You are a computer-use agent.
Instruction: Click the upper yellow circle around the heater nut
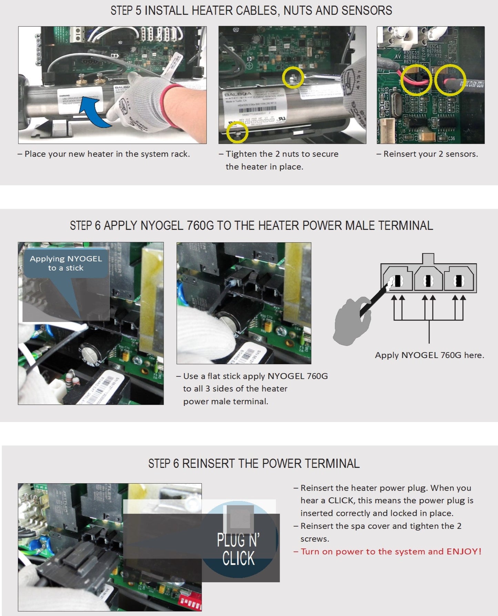(x=293, y=77)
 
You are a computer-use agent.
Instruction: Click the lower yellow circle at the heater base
(x=237, y=132)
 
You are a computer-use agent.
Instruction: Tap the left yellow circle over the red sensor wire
(x=416, y=80)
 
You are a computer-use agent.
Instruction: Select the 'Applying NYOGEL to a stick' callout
(x=66, y=263)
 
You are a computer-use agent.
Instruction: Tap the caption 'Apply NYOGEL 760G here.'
(x=429, y=355)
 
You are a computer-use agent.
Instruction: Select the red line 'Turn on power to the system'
(x=390, y=552)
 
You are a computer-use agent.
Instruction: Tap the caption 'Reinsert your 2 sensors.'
(x=430, y=154)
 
